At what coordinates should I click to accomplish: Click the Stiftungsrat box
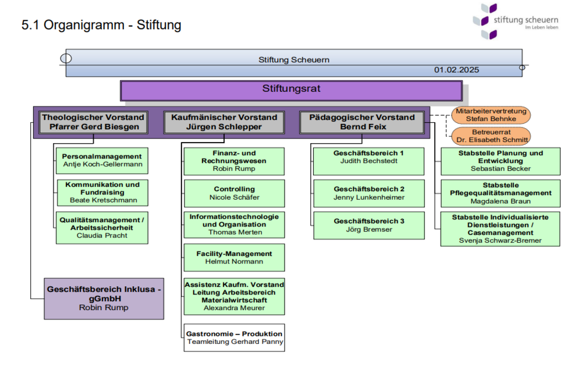(x=291, y=90)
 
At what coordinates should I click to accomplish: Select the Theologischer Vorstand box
(x=93, y=122)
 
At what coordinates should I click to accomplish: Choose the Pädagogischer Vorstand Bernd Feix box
(x=361, y=122)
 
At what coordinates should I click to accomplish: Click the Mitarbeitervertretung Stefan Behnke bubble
(x=491, y=115)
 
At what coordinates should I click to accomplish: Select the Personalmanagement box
(x=102, y=161)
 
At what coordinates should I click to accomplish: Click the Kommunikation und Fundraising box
(x=102, y=193)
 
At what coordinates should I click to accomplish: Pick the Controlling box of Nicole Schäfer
(x=234, y=193)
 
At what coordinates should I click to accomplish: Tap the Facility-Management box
(x=234, y=258)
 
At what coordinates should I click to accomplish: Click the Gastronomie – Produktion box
(x=234, y=337)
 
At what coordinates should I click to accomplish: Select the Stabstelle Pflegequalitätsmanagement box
(x=501, y=193)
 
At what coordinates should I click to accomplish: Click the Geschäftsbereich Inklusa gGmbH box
(x=104, y=299)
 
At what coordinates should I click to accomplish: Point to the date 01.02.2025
(x=456, y=70)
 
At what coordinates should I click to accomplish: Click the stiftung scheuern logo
(x=515, y=22)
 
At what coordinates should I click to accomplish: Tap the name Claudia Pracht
(x=102, y=236)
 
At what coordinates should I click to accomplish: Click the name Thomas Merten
(x=235, y=232)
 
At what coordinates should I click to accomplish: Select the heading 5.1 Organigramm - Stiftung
(x=101, y=25)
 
